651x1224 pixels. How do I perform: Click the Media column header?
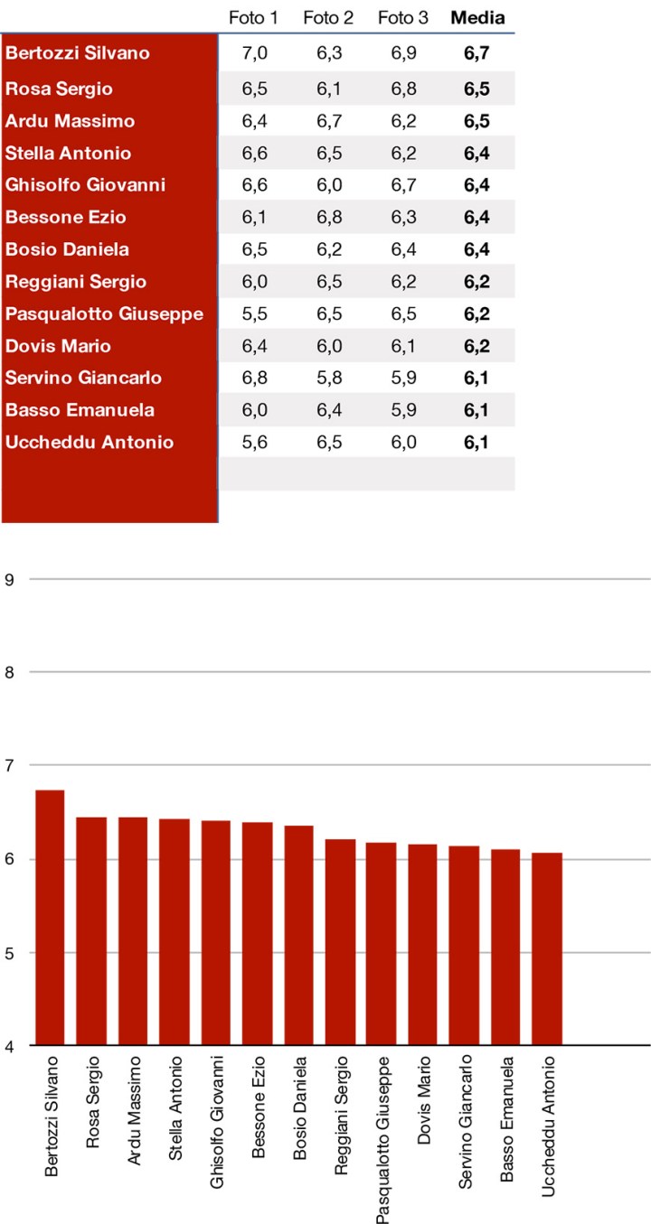pyautogui.click(x=477, y=18)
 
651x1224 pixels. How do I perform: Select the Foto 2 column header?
pyautogui.click(x=328, y=18)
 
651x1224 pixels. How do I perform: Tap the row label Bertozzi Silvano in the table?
pyautogui.click(x=78, y=53)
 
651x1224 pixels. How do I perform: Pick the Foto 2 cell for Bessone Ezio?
pyautogui.click(x=329, y=217)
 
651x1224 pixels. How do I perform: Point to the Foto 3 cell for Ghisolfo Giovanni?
pyautogui.click(x=403, y=185)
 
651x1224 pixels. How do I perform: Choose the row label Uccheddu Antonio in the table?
pyautogui.click(x=90, y=443)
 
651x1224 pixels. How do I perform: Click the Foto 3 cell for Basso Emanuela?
pyautogui.click(x=403, y=410)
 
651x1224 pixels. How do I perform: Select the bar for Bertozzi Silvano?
pyautogui.click(x=50, y=917)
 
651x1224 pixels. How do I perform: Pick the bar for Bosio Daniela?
pyautogui.click(x=298, y=935)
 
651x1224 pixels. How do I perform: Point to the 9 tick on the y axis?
pyautogui.click(x=10, y=578)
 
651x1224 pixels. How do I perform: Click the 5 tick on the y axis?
pyautogui.click(x=10, y=952)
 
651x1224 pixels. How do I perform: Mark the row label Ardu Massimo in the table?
pyautogui.click(x=71, y=121)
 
